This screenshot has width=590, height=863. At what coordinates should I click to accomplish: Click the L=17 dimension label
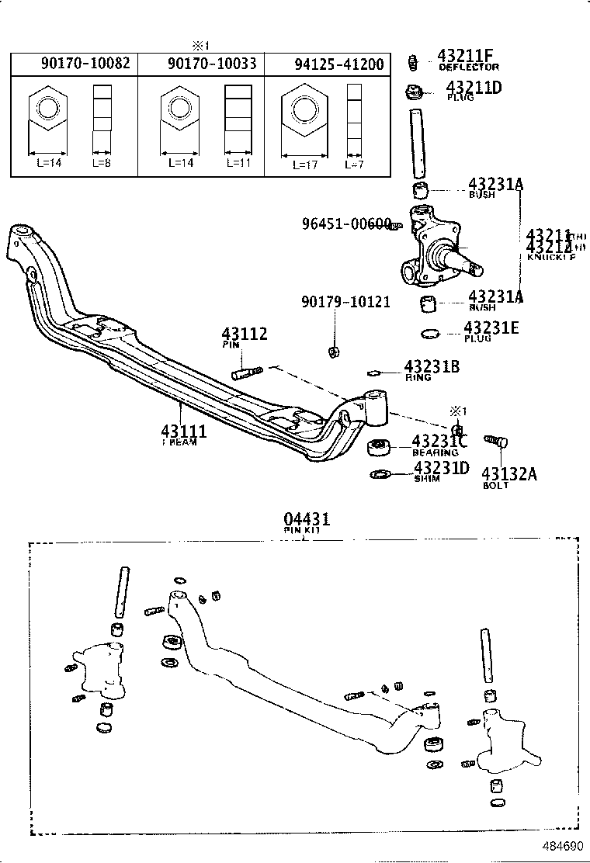point(305,165)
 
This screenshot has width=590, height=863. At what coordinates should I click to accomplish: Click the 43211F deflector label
point(466,56)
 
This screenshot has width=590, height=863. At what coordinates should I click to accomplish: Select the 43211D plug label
point(474,87)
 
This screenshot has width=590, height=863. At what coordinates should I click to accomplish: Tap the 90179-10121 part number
point(346,301)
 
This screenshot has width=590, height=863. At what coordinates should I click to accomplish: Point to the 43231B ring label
point(431,366)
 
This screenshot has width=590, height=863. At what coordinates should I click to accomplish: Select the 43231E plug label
point(491,328)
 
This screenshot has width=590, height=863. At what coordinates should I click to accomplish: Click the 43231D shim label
point(441,468)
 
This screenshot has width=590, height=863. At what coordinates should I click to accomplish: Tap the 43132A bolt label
point(508,473)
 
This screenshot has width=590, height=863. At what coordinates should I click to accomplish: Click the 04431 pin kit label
point(305,518)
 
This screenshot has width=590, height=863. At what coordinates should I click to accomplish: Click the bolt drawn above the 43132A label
point(497,442)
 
